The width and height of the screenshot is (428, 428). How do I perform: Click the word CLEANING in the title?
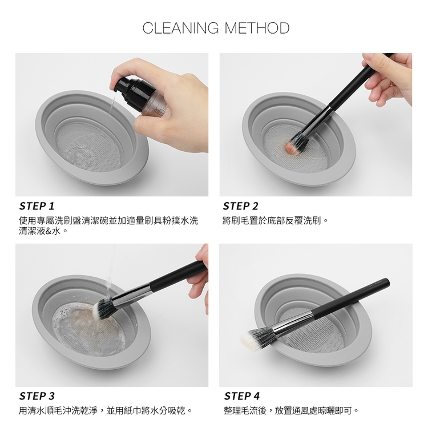[180, 28]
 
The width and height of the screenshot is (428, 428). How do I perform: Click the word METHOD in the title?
[257, 28]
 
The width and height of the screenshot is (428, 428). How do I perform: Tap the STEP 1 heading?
[37, 206]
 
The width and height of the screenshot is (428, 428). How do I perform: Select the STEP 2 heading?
[240, 206]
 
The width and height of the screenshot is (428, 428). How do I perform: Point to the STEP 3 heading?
[37, 396]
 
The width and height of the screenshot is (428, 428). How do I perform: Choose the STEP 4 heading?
[242, 396]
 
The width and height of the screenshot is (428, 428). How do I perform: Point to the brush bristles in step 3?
[102, 308]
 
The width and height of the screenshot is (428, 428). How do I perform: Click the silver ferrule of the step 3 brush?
[132, 292]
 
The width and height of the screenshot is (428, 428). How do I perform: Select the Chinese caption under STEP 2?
[275, 220]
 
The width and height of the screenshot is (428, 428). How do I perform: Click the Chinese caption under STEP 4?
[291, 410]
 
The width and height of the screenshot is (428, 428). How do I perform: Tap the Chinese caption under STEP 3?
[106, 410]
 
